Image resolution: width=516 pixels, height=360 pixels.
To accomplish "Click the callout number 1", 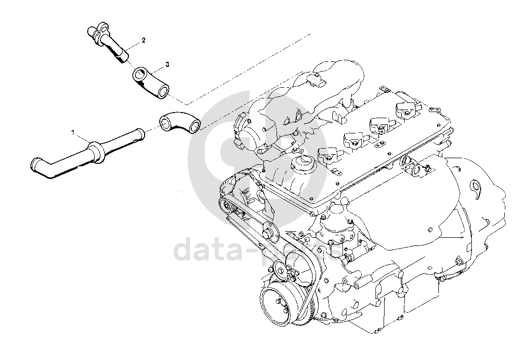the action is [73, 132].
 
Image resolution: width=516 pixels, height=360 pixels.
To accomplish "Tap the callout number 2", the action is [144, 40].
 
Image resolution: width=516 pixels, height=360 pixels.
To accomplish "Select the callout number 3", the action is [167, 65].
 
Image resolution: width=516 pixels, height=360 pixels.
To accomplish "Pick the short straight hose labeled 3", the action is [150, 82].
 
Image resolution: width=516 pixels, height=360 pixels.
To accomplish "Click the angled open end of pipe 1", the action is [36, 164].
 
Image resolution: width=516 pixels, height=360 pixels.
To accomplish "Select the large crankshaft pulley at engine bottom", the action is [277, 304].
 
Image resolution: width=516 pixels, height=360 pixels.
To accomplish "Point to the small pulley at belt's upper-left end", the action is [224, 205].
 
